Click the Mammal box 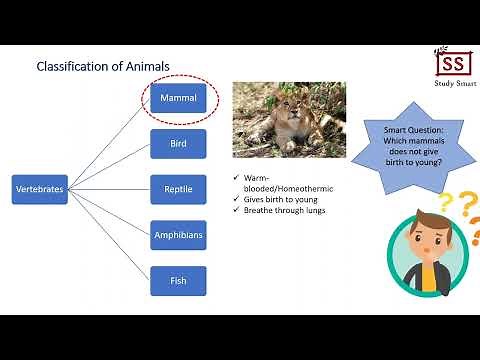click(x=179, y=98)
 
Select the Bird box click(x=179, y=144)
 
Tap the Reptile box click(x=179, y=189)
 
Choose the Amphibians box click(x=179, y=235)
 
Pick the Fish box click(x=179, y=281)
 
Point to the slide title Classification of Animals click(x=103, y=67)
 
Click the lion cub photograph click(x=289, y=123)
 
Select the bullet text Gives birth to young click(x=279, y=199)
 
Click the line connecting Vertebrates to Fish click(x=110, y=236)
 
